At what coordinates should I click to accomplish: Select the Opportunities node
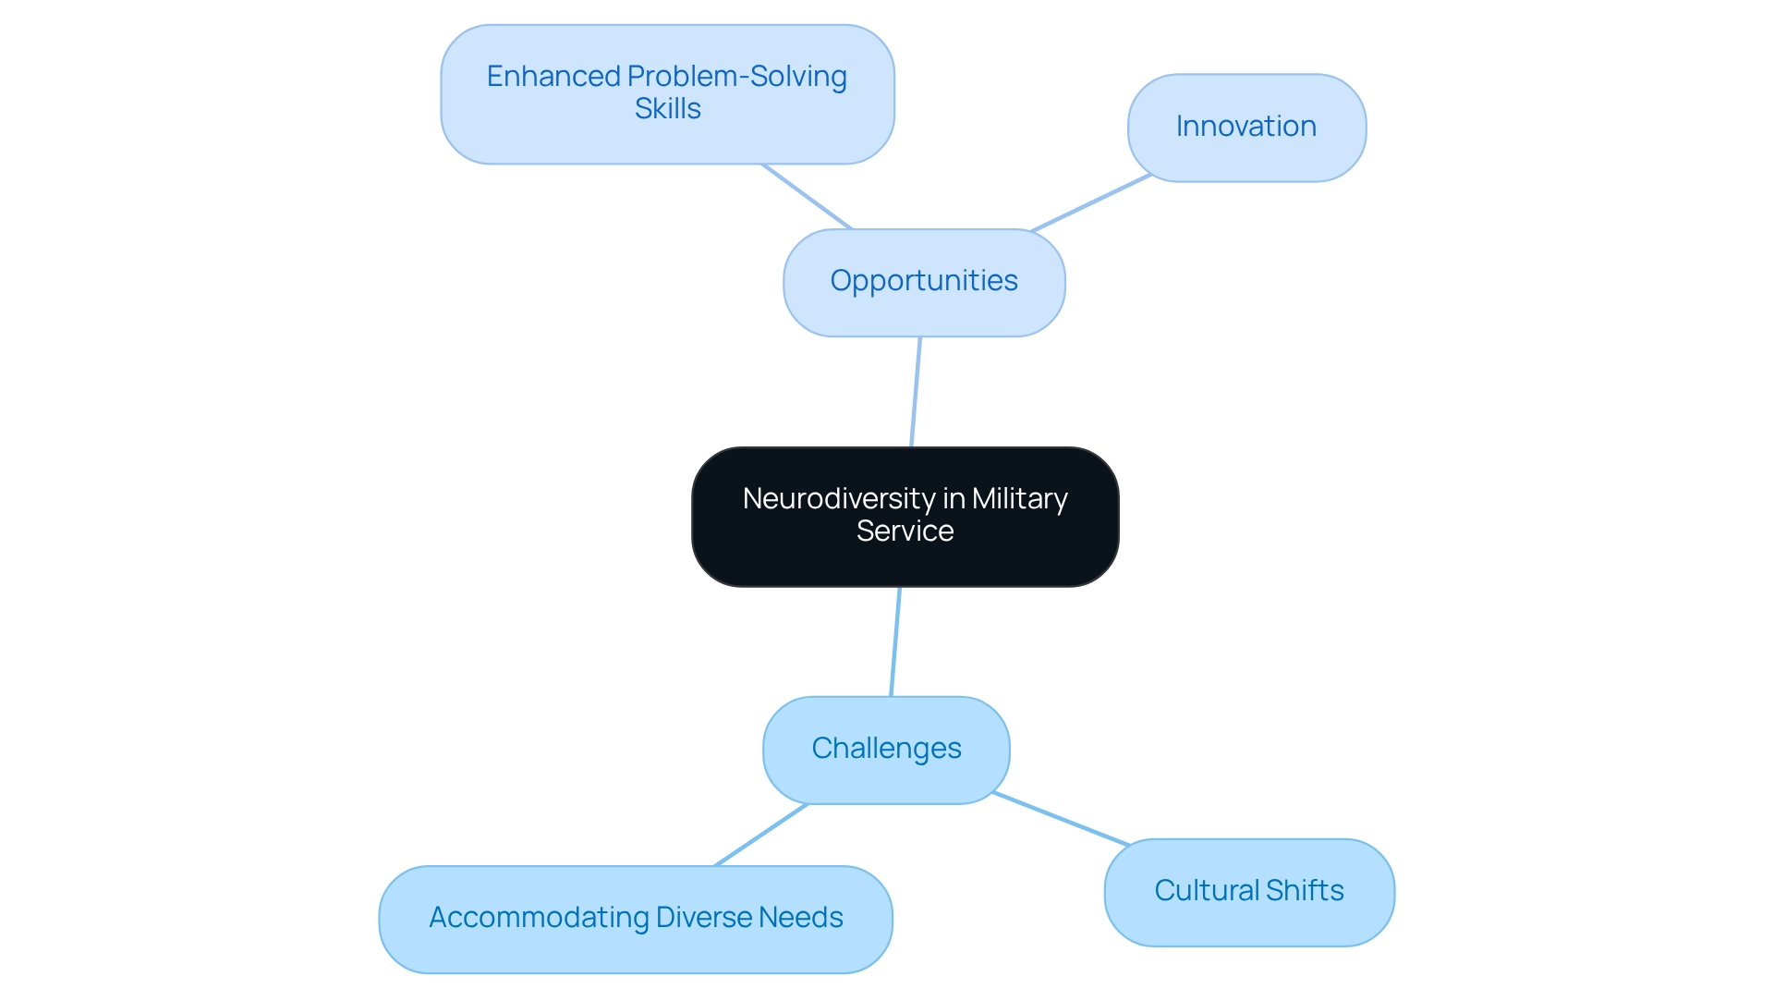pyautogui.click(x=924, y=282)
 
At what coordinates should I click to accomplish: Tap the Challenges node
pyautogui.click(x=886, y=750)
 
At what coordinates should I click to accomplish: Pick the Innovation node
pyautogui.click(x=1246, y=128)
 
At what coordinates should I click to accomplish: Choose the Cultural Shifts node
pyautogui.click(x=1249, y=892)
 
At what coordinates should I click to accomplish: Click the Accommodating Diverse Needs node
pyautogui.click(x=636, y=919)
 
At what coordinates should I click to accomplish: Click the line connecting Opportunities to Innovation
pyautogui.click(x=1091, y=202)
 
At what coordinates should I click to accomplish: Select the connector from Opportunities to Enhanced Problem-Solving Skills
pyautogui.click(x=807, y=196)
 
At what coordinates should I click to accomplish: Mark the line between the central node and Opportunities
pyautogui.click(x=916, y=392)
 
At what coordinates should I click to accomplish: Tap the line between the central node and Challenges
pyautogui.click(x=895, y=641)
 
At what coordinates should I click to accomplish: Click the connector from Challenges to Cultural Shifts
pyautogui.click(x=1061, y=819)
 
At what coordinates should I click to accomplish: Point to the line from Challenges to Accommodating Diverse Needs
pyautogui.click(x=761, y=835)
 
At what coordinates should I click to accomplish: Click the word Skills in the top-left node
pyautogui.click(x=667, y=109)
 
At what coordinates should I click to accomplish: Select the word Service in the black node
pyautogui.click(x=905, y=531)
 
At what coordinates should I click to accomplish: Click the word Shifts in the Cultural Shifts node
pyautogui.click(x=1304, y=891)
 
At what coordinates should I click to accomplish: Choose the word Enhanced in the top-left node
pyautogui.click(x=553, y=77)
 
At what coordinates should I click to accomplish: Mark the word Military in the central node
pyautogui.click(x=1019, y=499)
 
